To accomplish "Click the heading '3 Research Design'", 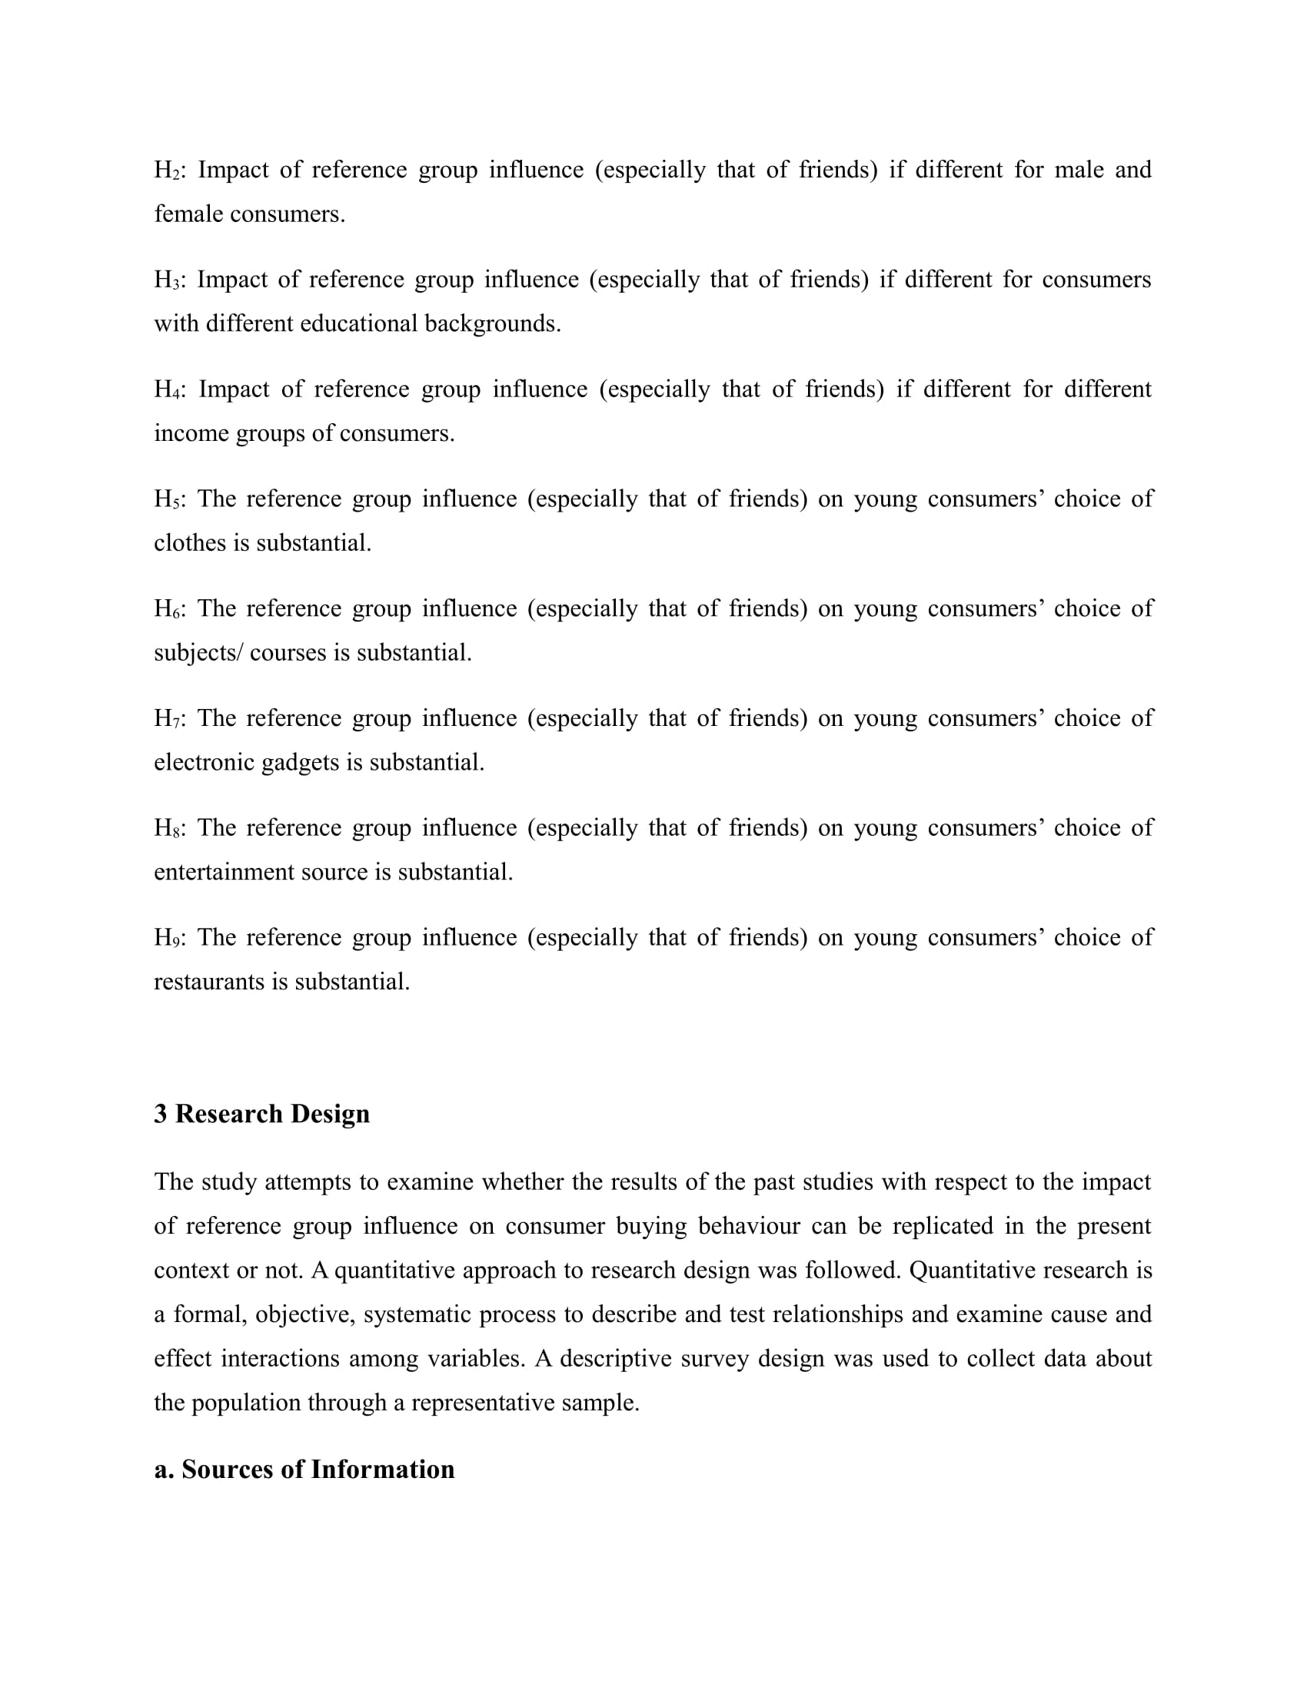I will click(261, 1114).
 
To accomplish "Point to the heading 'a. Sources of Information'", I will click(304, 1470).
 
